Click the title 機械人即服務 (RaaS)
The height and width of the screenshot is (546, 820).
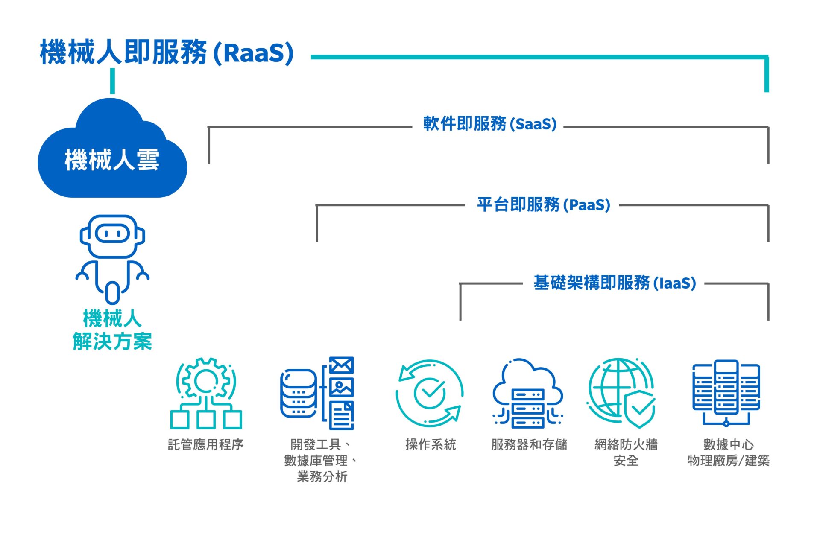[167, 53]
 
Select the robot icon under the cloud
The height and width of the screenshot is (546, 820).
[112, 259]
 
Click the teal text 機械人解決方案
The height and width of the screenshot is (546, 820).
[112, 330]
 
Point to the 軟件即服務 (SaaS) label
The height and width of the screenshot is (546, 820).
[490, 124]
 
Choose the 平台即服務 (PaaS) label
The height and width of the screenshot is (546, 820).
[544, 205]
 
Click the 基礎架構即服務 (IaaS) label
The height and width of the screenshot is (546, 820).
[615, 283]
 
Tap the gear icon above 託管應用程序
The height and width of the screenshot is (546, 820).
[206, 394]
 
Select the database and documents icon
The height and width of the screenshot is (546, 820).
[317, 393]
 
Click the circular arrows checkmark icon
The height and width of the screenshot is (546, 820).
[429, 393]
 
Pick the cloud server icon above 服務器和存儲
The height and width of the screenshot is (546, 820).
[528, 393]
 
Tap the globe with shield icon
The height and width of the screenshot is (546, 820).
[621, 393]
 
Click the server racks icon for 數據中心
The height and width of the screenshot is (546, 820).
[726, 393]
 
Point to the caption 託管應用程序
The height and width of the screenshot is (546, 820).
[206, 444]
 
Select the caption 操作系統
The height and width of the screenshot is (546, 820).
[430, 444]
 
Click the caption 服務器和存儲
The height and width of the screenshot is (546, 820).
[529, 444]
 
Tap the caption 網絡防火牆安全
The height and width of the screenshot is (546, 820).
[626, 453]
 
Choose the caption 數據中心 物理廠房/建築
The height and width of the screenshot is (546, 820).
[729, 453]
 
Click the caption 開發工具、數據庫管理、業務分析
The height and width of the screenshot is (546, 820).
[321, 460]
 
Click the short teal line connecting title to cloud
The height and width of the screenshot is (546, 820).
[112, 81]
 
